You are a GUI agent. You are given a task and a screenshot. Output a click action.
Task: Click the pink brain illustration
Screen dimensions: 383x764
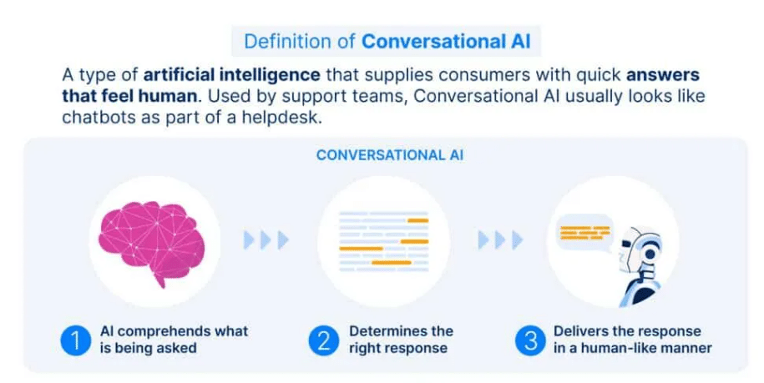coord(153,242)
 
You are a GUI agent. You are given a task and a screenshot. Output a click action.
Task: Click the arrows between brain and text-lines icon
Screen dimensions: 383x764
coord(266,240)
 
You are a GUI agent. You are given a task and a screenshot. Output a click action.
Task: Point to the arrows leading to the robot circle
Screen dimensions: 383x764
coord(500,240)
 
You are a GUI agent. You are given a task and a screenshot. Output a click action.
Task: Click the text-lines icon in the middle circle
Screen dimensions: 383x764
coord(383,241)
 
